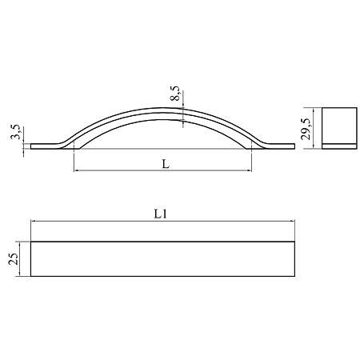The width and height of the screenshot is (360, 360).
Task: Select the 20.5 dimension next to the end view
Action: click(305, 126)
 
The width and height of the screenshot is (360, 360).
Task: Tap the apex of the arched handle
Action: click(164, 110)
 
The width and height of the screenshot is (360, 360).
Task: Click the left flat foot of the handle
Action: click(43, 145)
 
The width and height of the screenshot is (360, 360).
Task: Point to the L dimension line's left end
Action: click(74, 171)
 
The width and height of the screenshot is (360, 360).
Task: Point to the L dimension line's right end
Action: click(253, 171)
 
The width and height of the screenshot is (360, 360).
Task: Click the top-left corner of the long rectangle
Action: click(30, 241)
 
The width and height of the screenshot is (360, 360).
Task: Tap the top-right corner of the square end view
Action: click(353, 108)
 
